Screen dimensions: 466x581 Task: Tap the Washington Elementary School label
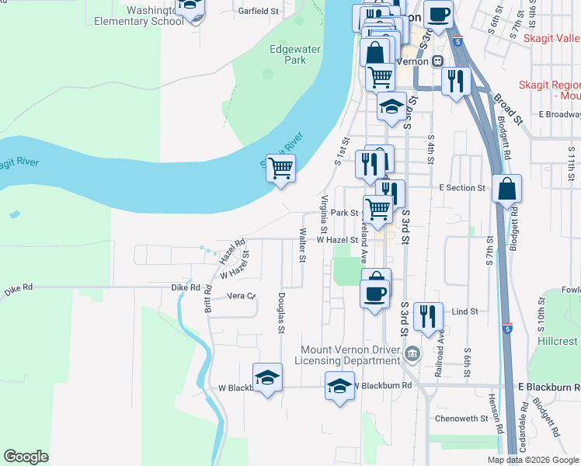139,16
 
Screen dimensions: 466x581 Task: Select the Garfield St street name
259,11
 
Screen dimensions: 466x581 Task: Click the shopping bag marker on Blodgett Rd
506,190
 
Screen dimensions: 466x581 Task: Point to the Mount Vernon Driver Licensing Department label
351,355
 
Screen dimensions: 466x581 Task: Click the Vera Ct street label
241,296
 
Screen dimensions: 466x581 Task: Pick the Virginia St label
324,214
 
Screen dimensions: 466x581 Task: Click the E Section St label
461,188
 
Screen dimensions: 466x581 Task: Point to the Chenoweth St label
461,418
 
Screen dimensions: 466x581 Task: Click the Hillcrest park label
558,341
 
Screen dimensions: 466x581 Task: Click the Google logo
26,456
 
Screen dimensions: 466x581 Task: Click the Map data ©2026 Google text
533,460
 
